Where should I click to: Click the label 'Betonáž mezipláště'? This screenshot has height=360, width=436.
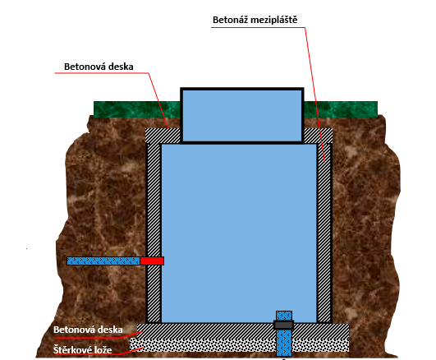click(255, 20)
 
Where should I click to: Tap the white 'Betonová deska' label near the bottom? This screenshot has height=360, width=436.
click(88, 330)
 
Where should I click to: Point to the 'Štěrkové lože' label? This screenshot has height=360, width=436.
click(83, 349)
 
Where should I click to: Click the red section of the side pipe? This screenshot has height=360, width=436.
click(152, 261)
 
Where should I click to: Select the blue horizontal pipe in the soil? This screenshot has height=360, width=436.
click(103, 261)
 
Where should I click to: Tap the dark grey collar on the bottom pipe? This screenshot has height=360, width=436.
click(283, 325)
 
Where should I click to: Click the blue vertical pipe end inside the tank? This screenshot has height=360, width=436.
click(284, 316)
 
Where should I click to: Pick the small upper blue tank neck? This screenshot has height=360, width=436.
click(242, 115)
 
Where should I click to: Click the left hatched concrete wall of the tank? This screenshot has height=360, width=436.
click(154, 233)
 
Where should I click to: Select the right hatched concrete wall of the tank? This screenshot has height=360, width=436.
click(324, 233)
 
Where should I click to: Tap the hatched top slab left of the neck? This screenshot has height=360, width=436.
click(163, 136)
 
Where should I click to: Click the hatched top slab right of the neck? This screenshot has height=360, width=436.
click(318, 136)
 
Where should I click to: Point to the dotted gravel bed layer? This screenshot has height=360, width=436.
click(239, 345)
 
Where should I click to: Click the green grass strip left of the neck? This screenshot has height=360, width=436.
click(137, 109)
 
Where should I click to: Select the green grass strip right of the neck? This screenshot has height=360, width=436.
click(341, 109)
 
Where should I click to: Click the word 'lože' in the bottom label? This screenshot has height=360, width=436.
click(103, 349)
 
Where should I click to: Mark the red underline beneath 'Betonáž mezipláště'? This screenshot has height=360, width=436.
click(258, 28)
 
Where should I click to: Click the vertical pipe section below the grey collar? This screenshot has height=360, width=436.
click(284, 343)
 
